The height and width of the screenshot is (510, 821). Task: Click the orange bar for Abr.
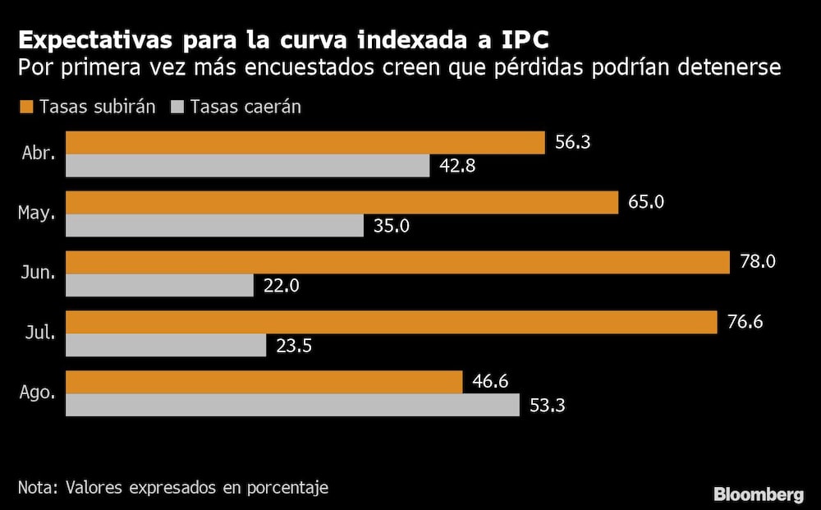click(305, 142)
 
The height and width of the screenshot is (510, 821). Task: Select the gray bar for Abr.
click(247, 166)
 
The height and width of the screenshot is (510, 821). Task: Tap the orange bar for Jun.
click(397, 262)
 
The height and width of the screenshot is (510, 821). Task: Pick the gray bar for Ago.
click(292, 405)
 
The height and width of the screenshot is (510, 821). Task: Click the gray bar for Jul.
click(166, 345)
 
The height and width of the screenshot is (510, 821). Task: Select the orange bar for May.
click(342, 202)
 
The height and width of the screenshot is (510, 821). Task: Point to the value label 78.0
click(757, 262)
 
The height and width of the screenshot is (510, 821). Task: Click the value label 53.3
click(547, 405)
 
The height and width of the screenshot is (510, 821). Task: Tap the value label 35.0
click(391, 226)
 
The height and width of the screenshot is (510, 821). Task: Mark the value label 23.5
click(293, 346)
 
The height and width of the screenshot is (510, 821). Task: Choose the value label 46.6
click(491, 382)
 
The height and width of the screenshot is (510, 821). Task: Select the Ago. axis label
click(37, 393)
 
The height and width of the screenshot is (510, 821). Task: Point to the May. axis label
click(36, 214)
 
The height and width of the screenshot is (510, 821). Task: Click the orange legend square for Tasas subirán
click(25, 107)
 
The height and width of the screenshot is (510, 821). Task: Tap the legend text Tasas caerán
click(245, 107)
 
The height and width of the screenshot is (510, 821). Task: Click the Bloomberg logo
click(758, 494)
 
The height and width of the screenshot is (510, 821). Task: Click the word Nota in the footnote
click(34, 488)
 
